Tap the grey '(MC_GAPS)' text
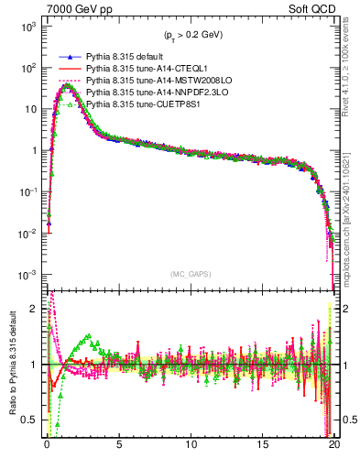191,274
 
